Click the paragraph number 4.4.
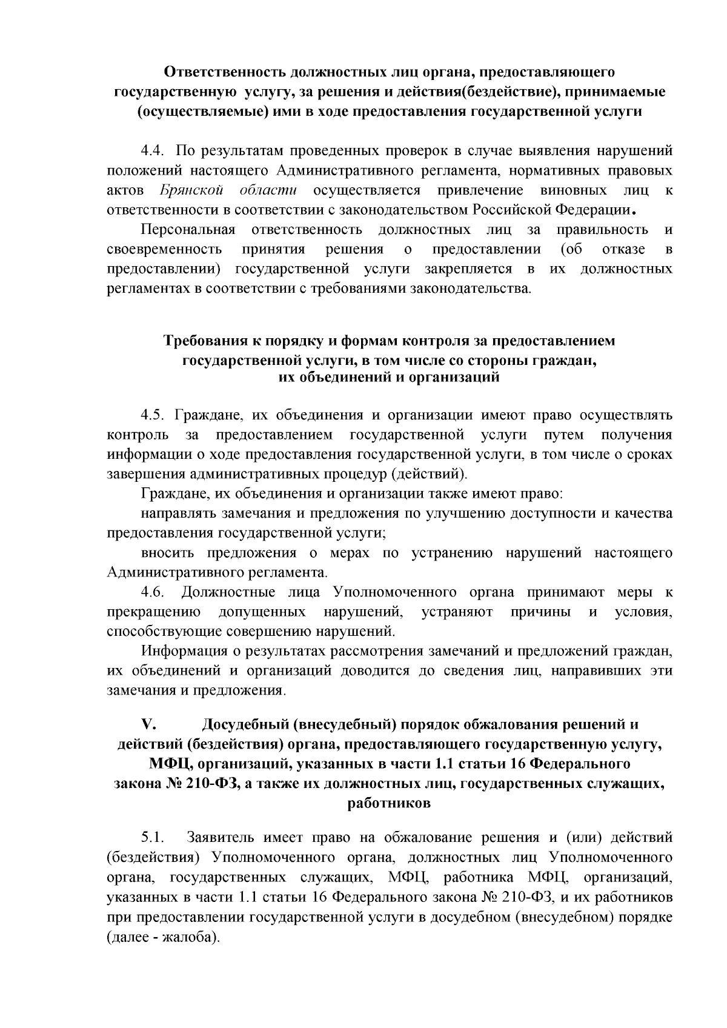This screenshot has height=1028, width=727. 153,150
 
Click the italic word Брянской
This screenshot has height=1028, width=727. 190,190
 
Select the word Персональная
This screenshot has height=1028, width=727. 187,230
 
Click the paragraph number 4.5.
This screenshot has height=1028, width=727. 153,415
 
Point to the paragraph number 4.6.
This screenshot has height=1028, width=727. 153,592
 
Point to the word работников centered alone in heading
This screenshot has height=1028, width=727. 390,804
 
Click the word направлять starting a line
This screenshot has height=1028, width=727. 177,514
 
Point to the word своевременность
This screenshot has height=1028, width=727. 164,250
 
